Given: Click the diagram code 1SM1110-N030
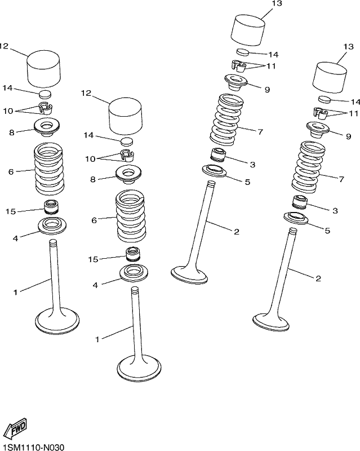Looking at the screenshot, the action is click(32, 446).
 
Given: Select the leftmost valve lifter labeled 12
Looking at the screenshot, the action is click(44, 69).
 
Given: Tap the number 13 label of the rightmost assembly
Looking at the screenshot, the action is click(348, 47).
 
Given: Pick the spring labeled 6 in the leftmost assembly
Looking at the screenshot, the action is click(49, 169).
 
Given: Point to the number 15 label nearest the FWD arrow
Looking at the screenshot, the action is click(93, 259).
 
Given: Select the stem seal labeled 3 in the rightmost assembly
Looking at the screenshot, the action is click(300, 202).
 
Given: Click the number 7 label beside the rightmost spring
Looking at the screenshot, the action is click(341, 179).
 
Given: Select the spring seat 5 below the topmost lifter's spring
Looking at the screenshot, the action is click(214, 171).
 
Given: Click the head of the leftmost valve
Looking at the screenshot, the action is click(57, 321).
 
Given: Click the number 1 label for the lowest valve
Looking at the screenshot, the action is click(97, 339).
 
